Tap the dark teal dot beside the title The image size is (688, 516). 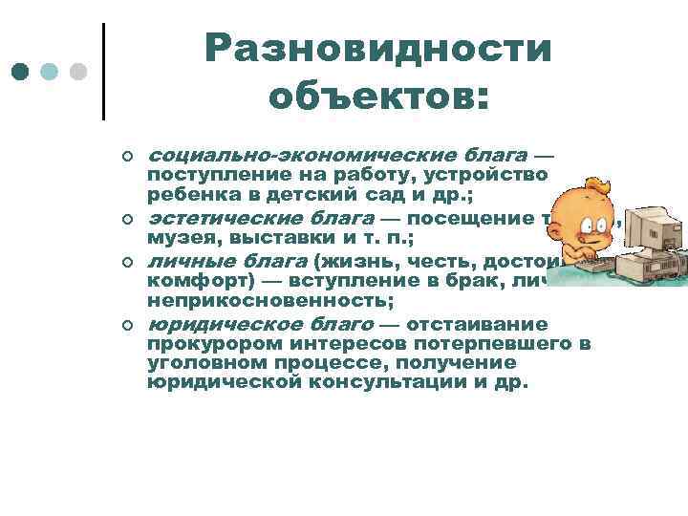pos(21,72)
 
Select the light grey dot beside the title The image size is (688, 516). pos(79,72)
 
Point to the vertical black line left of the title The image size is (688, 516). pos(103,71)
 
